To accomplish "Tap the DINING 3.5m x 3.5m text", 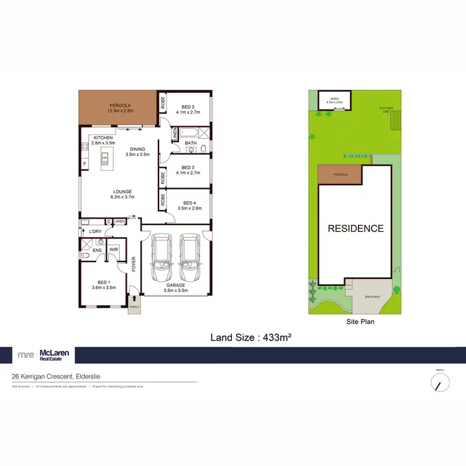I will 138,151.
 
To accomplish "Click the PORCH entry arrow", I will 134,299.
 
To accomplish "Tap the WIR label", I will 114,250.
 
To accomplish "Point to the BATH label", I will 191,144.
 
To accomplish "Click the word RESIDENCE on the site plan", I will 355,228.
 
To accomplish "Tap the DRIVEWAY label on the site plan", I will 373,297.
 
